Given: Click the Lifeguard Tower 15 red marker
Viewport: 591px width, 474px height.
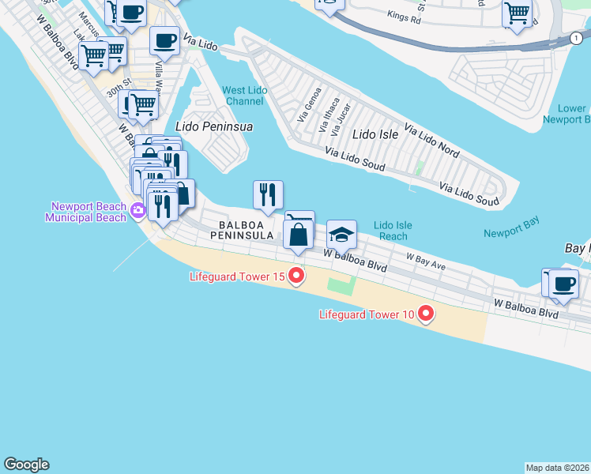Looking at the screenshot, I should click(x=296, y=276).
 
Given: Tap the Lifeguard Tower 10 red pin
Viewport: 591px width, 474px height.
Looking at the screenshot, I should click(x=426, y=314).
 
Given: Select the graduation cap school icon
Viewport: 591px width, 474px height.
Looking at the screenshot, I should click(x=342, y=234).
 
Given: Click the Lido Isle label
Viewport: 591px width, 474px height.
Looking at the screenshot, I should click(x=375, y=134).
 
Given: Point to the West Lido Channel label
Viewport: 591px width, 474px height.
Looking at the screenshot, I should click(x=246, y=96).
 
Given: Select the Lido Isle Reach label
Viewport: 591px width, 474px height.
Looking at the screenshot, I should click(x=393, y=231).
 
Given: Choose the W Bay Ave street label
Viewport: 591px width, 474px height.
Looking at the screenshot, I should click(x=426, y=261).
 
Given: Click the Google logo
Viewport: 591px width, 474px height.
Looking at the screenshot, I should click(x=26, y=465).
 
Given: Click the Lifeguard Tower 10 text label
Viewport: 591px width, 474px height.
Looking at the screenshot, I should click(x=367, y=314).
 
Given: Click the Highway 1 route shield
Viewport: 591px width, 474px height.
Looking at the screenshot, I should click(x=576, y=37).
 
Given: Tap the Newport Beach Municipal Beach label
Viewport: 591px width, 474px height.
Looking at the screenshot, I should click(x=85, y=212).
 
